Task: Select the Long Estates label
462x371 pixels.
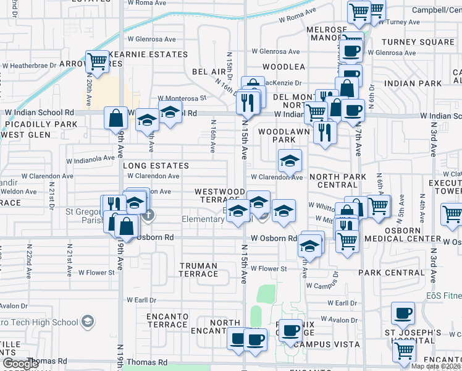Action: pos(156,166)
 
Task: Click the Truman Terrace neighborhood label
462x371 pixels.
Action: pos(198,270)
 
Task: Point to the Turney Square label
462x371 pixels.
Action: pos(418,42)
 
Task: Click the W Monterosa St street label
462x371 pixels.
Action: pos(181,98)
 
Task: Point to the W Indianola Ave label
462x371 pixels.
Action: pos(91,157)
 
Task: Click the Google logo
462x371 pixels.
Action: pos(20,364)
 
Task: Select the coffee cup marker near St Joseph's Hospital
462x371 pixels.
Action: pos(404,313)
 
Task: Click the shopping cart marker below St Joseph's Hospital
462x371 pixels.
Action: pos(404,351)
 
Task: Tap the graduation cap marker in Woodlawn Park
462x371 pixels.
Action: pos(289,161)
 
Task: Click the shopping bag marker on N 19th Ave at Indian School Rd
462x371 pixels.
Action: pos(115,117)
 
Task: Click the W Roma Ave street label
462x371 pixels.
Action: pos(147,3)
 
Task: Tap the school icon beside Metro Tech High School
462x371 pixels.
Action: pos(88,322)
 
